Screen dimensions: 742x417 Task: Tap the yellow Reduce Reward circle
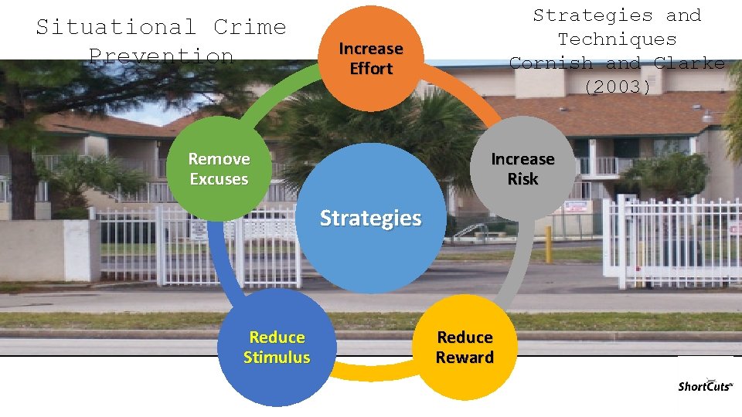pyautogui.click(x=465, y=347)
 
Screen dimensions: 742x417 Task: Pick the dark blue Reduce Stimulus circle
pyautogui.click(x=277, y=347)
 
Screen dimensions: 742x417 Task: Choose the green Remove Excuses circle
pyautogui.click(x=219, y=168)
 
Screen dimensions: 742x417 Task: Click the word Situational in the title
pyautogui.click(x=116, y=27)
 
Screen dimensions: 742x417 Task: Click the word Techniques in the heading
pyautogui.click(x=617, y=39)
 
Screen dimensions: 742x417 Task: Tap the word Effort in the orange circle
pyautogui.click(x=371, y=69)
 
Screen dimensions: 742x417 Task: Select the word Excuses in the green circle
pyautogui.click(x=219, y=179)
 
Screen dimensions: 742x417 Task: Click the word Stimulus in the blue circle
pyautogui.click(x=277, y=358)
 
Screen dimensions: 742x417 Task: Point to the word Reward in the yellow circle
pyautogui.click(x=465, y=358)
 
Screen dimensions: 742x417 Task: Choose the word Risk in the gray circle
pyautogui.click(x=522, y=179)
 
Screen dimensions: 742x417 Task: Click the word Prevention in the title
pyautogui.click(x=161, y=56)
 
